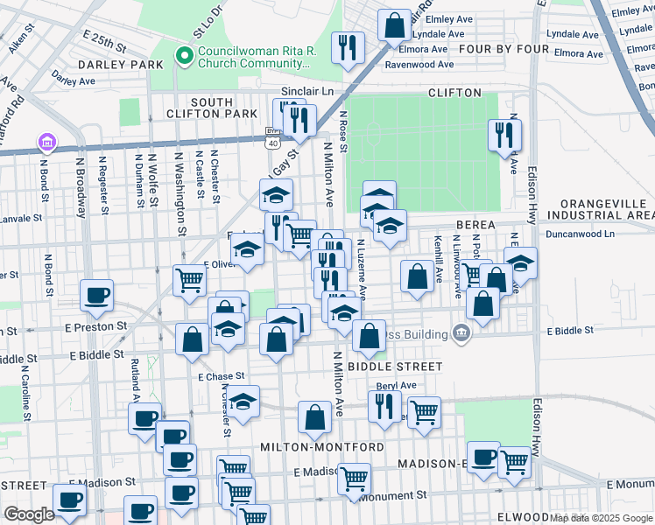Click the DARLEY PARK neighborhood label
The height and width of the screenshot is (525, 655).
(120, 65)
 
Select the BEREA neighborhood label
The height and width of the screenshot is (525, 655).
(475, 225)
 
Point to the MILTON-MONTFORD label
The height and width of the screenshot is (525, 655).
(321, 446)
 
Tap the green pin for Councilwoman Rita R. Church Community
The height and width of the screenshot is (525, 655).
(184, 57)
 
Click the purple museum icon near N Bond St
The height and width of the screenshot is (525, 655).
(46, 142)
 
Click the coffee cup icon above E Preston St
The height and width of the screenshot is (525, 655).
(96, 294)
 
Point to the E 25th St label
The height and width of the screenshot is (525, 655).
(105, 40)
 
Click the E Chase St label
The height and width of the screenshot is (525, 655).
(220, 376)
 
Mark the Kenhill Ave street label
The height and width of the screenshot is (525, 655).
(438, 258)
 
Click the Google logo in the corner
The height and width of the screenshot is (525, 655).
(30, 514)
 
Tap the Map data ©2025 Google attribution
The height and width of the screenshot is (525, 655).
(601, 517)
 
